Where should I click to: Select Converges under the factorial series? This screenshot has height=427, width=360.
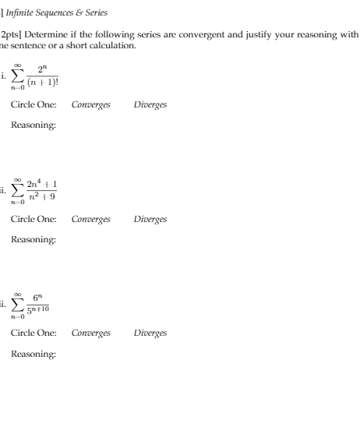click(x=90, y=104)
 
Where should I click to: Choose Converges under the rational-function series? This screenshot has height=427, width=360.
click(x=90, y=219)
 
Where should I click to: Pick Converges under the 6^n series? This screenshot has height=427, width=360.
click(x=90, y=333)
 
